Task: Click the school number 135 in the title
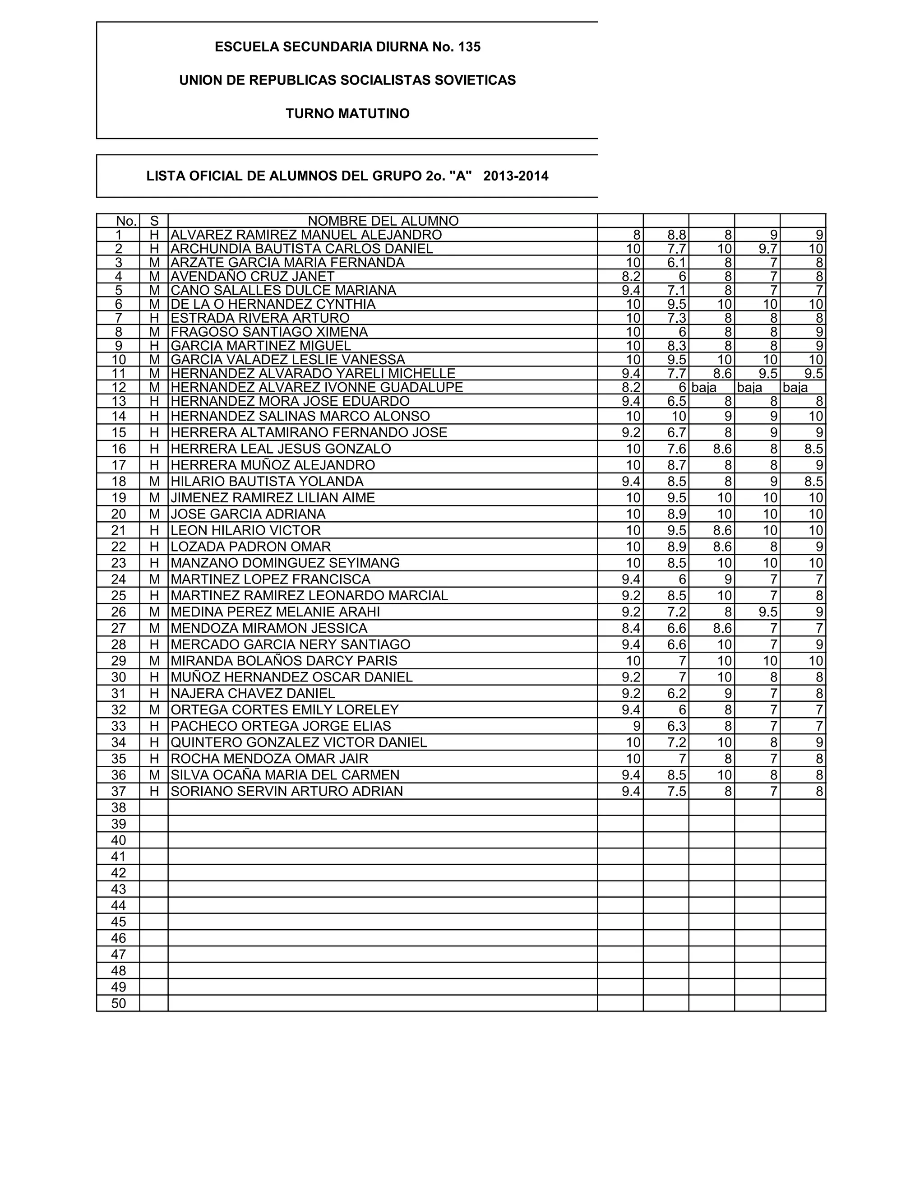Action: (469, 47)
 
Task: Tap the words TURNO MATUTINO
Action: (347, 114)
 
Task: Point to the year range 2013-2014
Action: (516, 176)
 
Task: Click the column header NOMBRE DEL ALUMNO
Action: (383, 221)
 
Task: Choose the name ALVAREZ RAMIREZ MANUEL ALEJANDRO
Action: (306, 235)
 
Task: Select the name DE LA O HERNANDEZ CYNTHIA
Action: (273, 305)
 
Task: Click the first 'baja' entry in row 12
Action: (704, 388)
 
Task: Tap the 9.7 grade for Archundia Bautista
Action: (768, 249)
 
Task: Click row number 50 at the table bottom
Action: (118, 1004)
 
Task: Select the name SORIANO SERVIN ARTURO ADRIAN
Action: (287, 791)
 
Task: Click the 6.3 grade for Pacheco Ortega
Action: (677, 726)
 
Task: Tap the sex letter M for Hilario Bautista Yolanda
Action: (154, 482)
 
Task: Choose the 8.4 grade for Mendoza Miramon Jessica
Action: (631, 628)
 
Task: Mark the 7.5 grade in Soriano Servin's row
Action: (677, 791)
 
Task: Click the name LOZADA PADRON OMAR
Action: (251, 547)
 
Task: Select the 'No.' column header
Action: (126, 221)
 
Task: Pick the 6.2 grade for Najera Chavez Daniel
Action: (677, 694)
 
